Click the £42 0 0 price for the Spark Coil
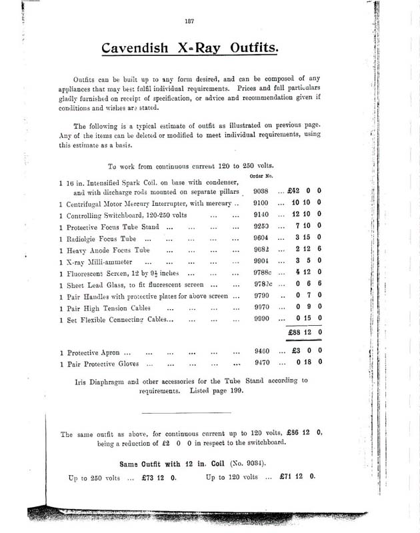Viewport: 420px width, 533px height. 305,190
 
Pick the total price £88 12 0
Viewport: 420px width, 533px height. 305,332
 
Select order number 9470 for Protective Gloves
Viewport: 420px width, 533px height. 258,363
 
